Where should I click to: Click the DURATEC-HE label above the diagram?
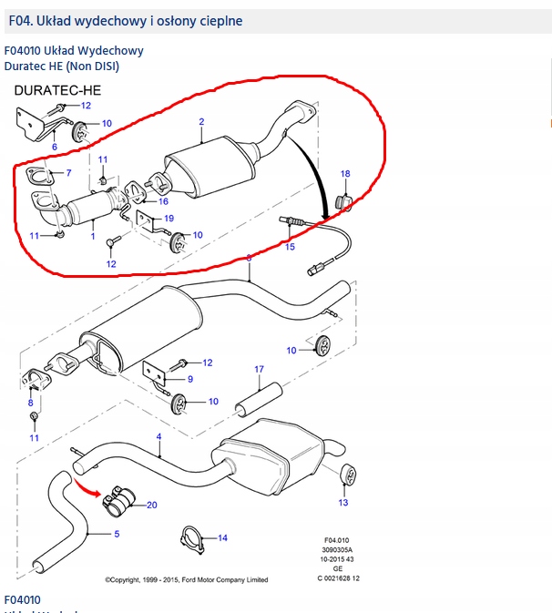point(56,91)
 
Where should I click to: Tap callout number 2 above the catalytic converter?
point(201,122)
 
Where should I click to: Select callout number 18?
point(345,173)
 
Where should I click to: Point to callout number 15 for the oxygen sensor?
point(290,246)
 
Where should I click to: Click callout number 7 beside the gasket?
point(67,173)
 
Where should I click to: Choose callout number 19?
point(169,219)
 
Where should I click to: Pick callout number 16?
point(163,201)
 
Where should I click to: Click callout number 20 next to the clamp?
point(152,505)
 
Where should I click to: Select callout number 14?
point(222,538)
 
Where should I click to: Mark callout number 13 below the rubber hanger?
point(343,502)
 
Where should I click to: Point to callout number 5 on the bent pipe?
point(116,533)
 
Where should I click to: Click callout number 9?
point(189,379)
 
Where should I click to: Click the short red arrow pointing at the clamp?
point(87,488)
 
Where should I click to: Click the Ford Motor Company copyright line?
point(186,579)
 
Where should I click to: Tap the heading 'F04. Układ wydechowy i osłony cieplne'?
point(125,20)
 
